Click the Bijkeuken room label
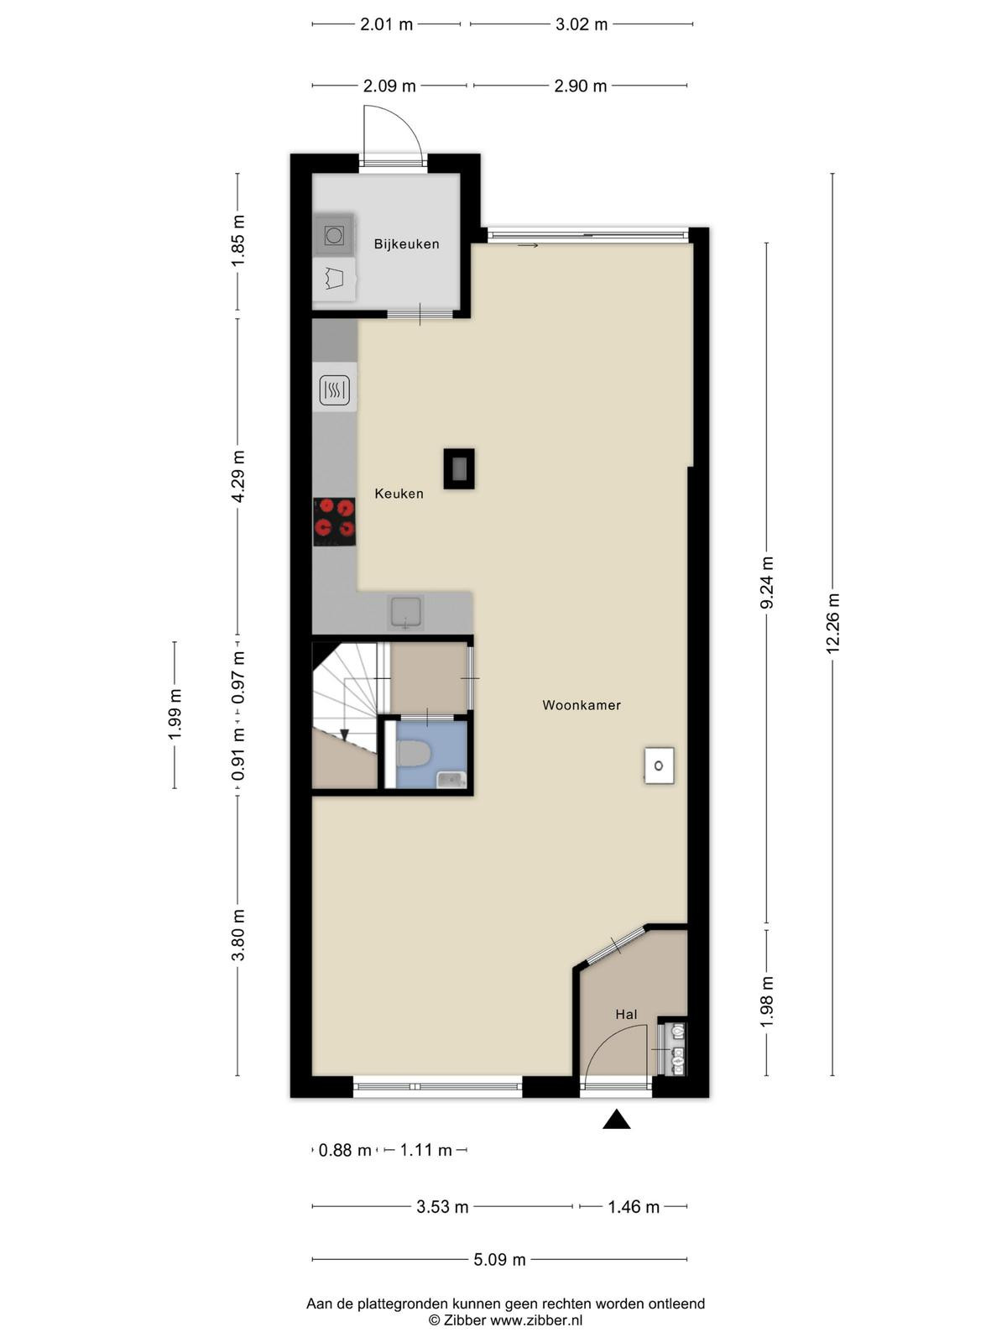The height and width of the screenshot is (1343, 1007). pos(407,244)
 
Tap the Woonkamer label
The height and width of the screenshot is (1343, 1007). pos(582,705)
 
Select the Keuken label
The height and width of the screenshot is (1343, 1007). pos(399,494)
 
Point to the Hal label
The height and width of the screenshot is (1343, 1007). pos(626,1015)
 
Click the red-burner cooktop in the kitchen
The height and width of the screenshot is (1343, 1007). pos(335,521)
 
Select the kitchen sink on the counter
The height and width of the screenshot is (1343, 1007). pos(406,613)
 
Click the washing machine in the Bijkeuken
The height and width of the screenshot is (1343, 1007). pos(334,235)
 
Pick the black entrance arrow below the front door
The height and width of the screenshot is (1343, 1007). pos(616,1119)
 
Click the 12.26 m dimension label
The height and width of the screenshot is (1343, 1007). pos(832,624)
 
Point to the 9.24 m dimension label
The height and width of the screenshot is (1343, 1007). pos(767,582)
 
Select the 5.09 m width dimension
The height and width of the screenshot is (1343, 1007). pos(499,1260)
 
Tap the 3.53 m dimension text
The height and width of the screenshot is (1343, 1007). pos(442,1206)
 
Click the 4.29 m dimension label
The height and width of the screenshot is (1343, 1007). pos(237,476)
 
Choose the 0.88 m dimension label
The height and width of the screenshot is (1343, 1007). pos(345,1150)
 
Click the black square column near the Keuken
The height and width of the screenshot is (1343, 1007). pos(458,468)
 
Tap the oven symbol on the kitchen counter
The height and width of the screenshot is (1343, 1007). pos(335,390)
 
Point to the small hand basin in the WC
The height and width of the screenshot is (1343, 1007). pos(451,779)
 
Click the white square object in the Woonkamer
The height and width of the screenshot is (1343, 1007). pos(659,766)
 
